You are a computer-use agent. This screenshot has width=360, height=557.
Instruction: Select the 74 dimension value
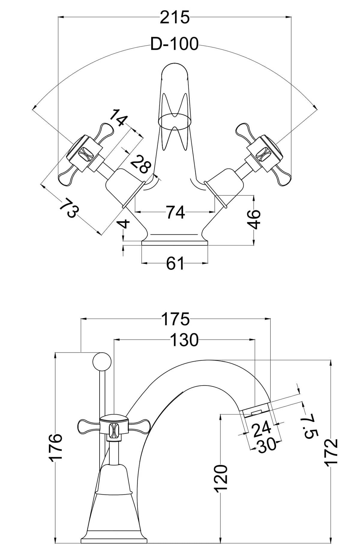coord(175,213)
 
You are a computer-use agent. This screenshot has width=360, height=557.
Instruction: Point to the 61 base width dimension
coord(175,264)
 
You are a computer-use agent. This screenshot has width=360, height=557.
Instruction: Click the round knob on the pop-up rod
coord(102,362)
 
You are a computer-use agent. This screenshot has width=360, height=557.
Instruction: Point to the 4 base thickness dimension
coord(126,223)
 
